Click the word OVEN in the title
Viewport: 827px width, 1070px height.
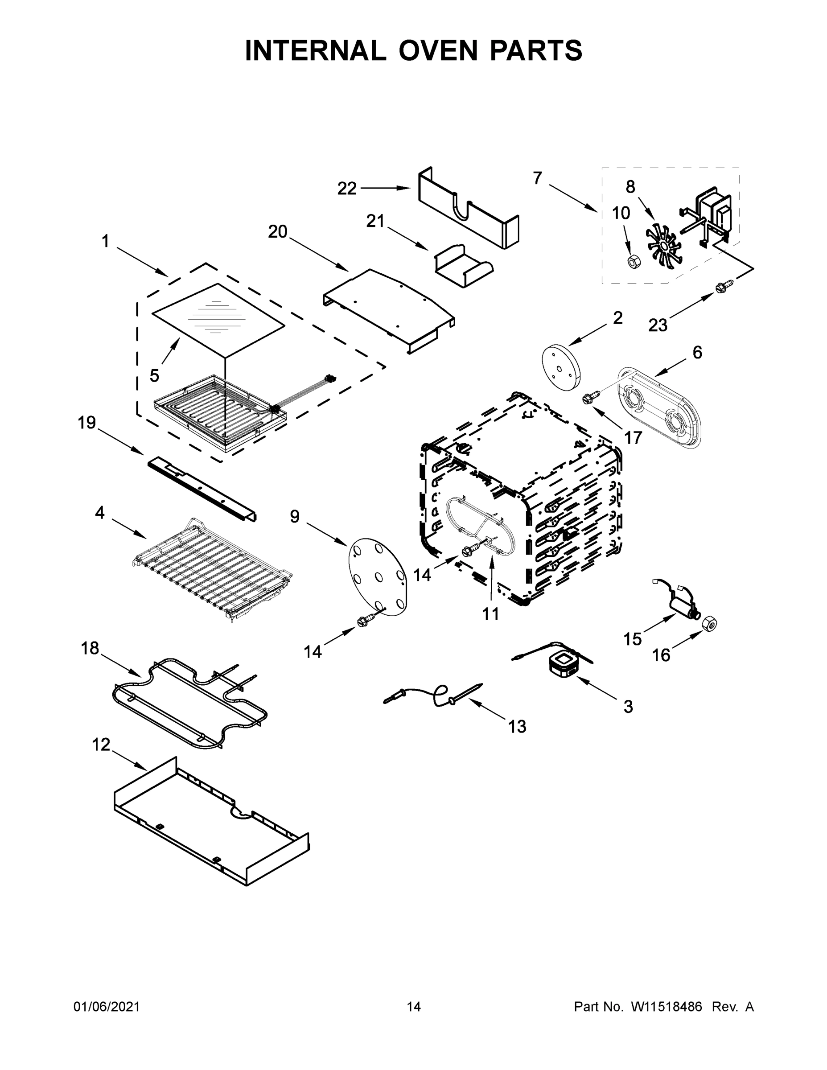[x=437, y=50]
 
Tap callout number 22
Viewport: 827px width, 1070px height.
[x=347, y=189]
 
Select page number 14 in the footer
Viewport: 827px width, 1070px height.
[x=414, y=1007]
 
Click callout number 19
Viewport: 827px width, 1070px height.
[x=87, y=422]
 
